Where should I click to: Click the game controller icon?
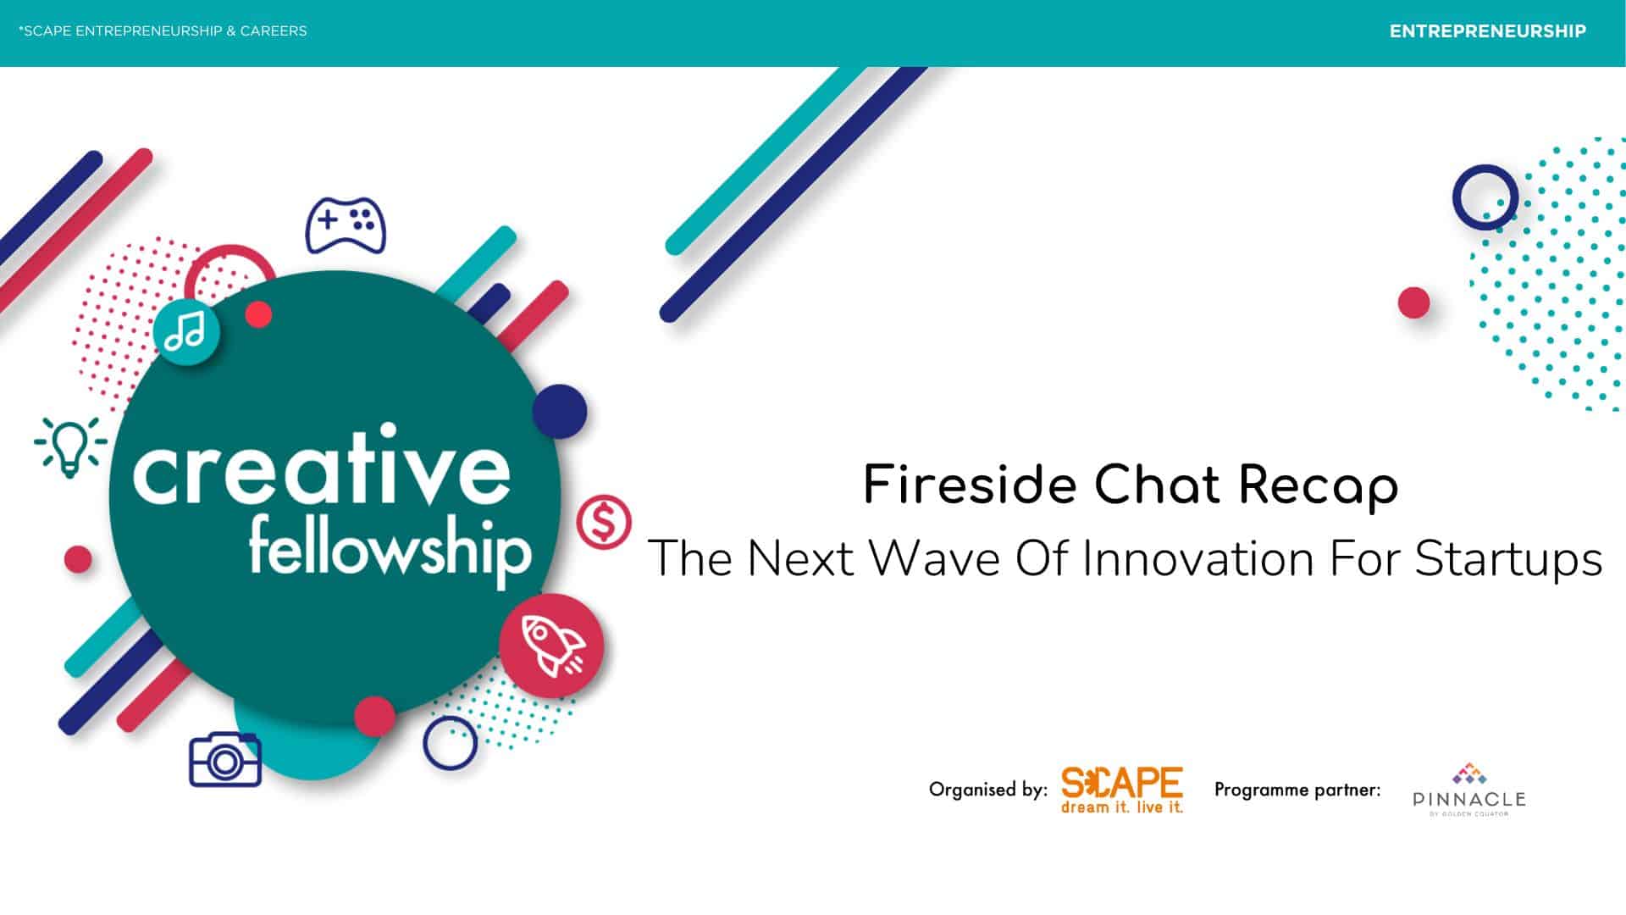pyautogui.click(x=346, y=225)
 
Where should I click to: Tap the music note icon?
pyautogui.click(x=186, y=331)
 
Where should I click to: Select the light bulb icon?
pyautogui.click(x=70, y=446)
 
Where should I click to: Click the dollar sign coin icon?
pyautogui.click(x=604, y=522)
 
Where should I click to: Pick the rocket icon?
pyautogui.click(x=551, y=646)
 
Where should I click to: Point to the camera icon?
pyautogui.click(x=225, y=760)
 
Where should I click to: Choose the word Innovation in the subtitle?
pyautogui.click(x=1198, y=558)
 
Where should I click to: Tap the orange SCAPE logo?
pyautogui.click(x=1122, y=790)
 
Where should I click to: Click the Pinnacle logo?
pyautogui.click(x=1469, y=790)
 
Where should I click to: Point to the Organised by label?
pyautogui.click(x=988, y=790)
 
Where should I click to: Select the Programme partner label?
pyautogui.click(x=1297, y=790)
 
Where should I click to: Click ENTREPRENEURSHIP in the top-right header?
pyautogui.click(x=1488, y=31)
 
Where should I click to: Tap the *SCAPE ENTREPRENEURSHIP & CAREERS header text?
pyautogui.click(x=163, y=31)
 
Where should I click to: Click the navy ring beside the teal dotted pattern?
pyautogui.click(x=1485, y=197)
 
